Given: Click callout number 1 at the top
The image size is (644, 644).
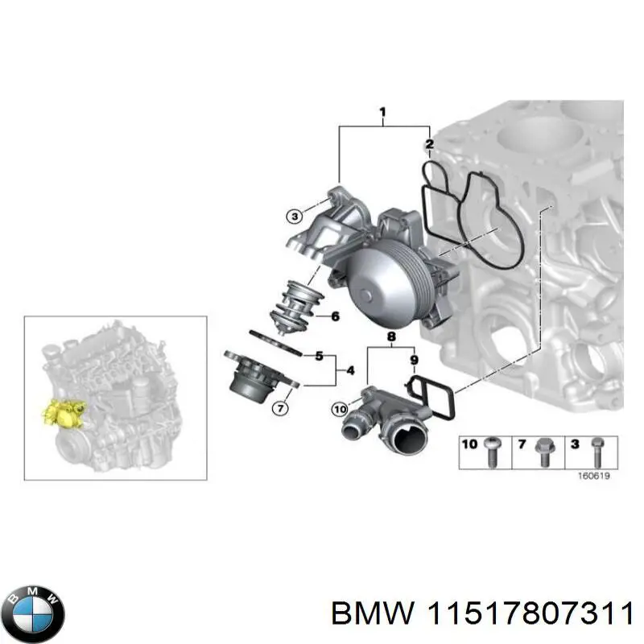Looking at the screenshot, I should click(382, 112).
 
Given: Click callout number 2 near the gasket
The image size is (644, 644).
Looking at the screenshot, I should click(430, 145).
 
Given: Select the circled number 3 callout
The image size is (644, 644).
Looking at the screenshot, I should click(295, 215).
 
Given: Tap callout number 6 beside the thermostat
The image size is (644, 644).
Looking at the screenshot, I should click(335, 316).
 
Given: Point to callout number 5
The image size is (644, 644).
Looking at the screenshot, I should click(319, 355).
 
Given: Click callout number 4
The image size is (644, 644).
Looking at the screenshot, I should click(349, 370).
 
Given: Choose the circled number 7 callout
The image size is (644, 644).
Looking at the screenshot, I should click(280, 408).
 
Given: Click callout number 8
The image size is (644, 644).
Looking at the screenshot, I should click(391, 336).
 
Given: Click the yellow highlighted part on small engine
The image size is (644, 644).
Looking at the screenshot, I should click(64, 413).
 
